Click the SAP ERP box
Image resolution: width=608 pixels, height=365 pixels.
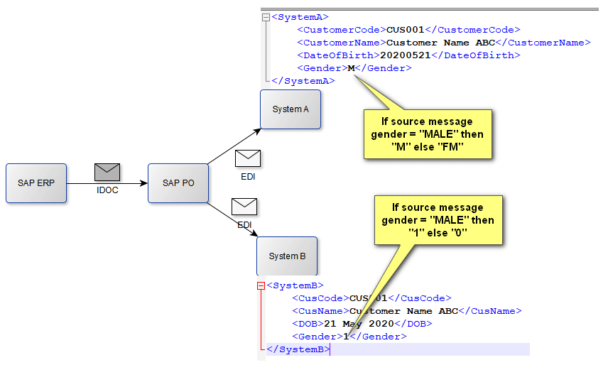tap(36, 183)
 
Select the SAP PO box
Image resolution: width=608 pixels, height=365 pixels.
tap(178, 183)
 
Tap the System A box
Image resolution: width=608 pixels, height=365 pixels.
tap(291, 109)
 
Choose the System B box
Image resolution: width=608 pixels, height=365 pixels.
tap(287, 256)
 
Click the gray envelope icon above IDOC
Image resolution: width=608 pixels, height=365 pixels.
tap(107, 172)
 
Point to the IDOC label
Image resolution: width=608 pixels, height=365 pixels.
tap(107, 190)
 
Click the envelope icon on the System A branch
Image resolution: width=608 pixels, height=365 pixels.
tap(248, 158)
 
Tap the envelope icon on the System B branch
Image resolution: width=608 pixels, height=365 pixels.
tap(244, 207)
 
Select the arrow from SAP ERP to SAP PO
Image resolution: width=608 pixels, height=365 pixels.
tap(107, 183)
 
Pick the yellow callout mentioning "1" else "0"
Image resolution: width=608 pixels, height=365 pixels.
tap(438, 220)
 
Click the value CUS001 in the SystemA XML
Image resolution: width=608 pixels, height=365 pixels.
tap(405, 30)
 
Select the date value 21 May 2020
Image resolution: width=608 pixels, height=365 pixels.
tap(353, 324)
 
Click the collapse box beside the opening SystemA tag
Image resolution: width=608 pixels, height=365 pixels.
tap(266, 17)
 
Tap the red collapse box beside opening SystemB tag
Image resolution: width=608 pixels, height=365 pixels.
tap(261, 285)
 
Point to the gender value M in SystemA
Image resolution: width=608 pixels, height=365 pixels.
tap(351, 68)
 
